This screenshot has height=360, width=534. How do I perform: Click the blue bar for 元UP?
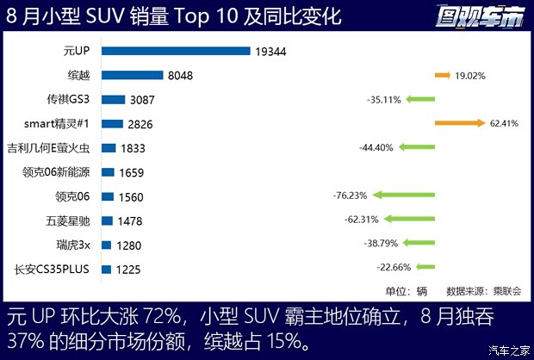(176, 51)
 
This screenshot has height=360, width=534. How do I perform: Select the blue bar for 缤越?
(132, 76)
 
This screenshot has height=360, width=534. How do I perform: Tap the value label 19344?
(270, 52)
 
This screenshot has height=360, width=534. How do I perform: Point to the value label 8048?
(181, 76)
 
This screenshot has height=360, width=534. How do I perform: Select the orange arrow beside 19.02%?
(443, 76)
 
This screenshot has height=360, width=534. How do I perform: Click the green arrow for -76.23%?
(415, 196)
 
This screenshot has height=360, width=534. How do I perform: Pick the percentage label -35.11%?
(383, 100)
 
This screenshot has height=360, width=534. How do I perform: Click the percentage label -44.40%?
(376, 148)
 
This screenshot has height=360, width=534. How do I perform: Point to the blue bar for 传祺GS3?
(113, 100)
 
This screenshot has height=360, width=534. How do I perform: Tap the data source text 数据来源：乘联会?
(483, 291)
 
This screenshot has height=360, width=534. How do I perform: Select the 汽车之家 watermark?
(508, 349)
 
